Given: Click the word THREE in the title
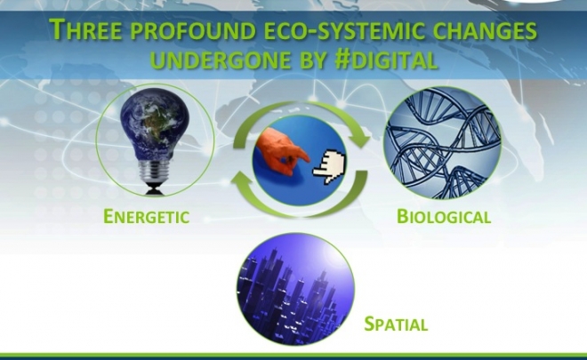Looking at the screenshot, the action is pos(85,29).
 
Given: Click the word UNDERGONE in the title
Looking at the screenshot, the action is pos(221,60).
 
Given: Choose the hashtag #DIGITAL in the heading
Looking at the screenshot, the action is pos(386,60).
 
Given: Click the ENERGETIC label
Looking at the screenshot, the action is pos(147,216).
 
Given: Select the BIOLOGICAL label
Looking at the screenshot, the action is pos(444,216).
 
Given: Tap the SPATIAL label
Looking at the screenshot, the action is pos(396,324).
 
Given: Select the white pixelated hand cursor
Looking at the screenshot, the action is pos(329,166).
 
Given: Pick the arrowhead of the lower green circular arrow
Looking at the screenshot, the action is pos(242,180).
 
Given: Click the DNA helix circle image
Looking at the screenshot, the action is pos(442,142).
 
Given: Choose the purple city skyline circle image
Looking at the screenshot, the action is pos(295,289).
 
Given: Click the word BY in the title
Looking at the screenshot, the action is pos(312,60).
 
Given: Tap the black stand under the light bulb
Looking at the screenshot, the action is pos(154,189).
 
